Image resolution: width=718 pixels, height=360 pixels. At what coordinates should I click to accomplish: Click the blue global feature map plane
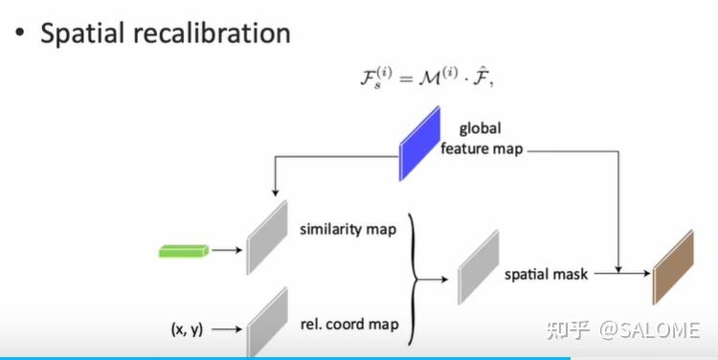tap(419, 145)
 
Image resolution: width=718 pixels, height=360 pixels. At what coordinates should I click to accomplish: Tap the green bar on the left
tap(184, 252)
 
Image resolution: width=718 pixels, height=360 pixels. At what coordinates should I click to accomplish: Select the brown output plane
tap(672, 267)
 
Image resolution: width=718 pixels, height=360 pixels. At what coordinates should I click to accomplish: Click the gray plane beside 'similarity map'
tap(267, 236)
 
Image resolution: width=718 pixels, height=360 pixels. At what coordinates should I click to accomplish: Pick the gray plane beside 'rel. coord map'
tap(267, 322)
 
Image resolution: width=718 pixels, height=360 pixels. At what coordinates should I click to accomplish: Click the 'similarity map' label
tap(348, 230)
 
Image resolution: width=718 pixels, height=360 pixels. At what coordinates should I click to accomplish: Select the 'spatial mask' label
tap(546, 274)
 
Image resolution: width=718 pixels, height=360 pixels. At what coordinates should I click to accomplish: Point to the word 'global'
tap(480, 127)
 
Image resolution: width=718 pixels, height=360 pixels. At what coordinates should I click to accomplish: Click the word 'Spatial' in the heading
tap(88, 34)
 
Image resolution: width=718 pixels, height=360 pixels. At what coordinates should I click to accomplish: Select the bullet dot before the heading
tap(20, 34)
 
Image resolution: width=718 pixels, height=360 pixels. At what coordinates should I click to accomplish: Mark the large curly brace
tap(414, 279)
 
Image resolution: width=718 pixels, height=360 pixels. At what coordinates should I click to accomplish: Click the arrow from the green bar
tap(226, 252)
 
